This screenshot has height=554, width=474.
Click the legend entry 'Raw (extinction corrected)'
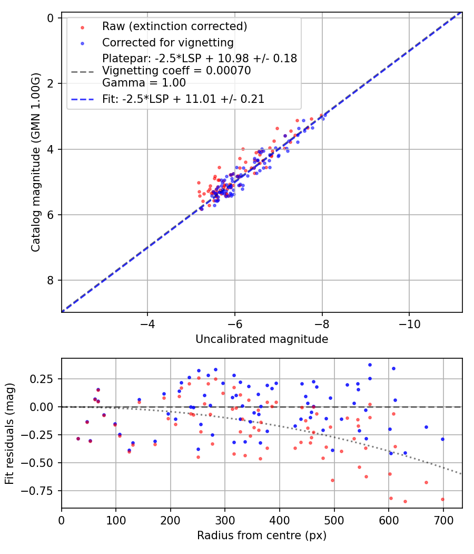(174, 26)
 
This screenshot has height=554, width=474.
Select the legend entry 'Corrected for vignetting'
(168, 42)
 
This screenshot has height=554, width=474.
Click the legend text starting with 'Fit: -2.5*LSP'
(183, 99)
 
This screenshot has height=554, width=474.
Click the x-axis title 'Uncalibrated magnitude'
(262, 339)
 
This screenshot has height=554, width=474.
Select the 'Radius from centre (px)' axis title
(262, 536)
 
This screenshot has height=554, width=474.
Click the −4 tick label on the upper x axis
(147, 322)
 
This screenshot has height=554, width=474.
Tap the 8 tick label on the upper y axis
(51, 280)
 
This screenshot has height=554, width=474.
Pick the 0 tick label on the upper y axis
(51, 18)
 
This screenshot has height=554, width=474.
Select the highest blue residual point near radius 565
(370, 365)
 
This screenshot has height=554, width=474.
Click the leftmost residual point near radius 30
(78, 438)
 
